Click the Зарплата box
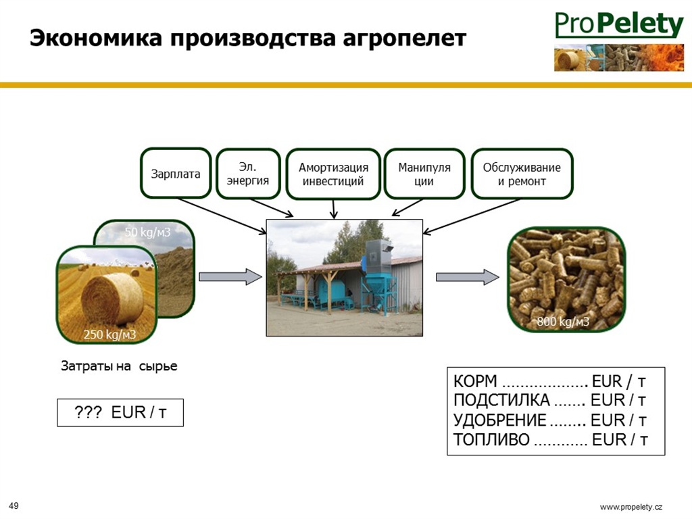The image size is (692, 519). (x=176, y=173)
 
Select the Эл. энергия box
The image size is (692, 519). (x=248, y=174)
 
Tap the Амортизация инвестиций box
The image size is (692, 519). (x=333, y=174)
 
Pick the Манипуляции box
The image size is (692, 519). (x=424, y=174)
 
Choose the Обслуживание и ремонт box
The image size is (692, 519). (x=522, y=174)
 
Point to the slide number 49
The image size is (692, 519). (x=14, y=505)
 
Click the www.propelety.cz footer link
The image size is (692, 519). (x=631, y=507)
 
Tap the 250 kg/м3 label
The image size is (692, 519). (x=110, y=334)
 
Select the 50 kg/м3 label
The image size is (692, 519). (x=147, y=232)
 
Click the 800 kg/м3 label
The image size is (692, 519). (x=563, y=321)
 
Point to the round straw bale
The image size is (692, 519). (x=113, y=298)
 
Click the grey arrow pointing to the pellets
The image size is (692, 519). (x=468, y=276)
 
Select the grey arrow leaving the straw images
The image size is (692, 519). (x=230, y=276)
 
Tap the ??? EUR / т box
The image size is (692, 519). (x=120, y=413)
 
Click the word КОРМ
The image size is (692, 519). (x=475, y=381)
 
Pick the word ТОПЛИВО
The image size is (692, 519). (x=491, y=439)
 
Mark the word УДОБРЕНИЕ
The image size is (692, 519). (x=500, y=420)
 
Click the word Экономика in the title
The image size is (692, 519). (x=96, y=38)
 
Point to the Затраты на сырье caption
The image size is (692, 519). (x=119, y=366)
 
